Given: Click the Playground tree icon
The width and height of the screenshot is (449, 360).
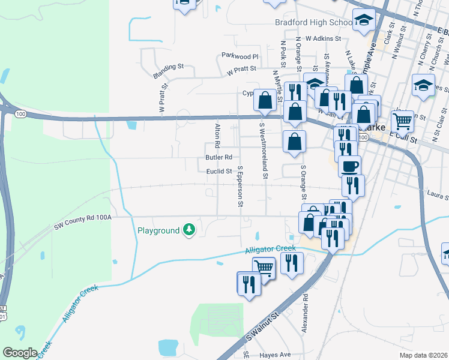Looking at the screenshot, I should coord(189,230).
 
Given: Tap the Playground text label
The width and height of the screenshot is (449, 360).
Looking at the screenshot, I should coord(158,230).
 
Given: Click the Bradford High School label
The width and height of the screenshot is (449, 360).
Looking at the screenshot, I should coord(313,23).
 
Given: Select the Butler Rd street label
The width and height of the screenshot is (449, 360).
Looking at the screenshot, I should coord(218,158).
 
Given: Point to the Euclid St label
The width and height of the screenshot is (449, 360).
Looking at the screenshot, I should coord(219,172).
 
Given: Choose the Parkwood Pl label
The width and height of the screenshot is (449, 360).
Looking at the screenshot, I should coord(239,56).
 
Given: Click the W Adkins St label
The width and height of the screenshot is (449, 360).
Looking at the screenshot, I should coord(323,38).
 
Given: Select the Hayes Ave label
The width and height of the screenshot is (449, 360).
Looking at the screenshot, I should coord(276,355).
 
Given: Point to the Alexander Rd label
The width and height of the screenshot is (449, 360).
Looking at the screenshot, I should coord(306,313).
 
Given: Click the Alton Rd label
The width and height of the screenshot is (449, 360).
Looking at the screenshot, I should coord(217,136).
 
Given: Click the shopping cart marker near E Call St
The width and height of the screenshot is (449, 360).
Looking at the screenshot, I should coord(402,121).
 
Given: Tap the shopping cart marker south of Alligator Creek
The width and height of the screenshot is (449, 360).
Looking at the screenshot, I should coord(263,268).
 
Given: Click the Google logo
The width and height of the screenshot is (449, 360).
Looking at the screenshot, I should coord(20,353).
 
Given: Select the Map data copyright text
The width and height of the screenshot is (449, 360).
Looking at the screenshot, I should coord(423,355).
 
